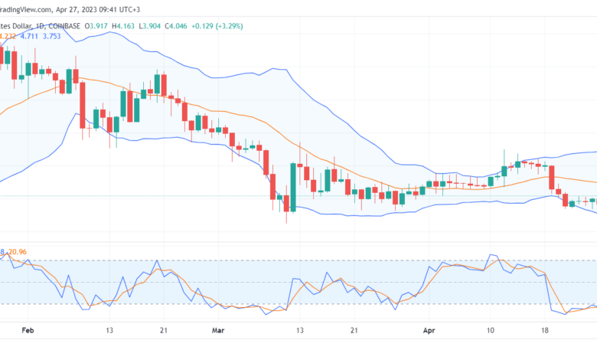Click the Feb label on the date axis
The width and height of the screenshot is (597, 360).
(x=28, y=331)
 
